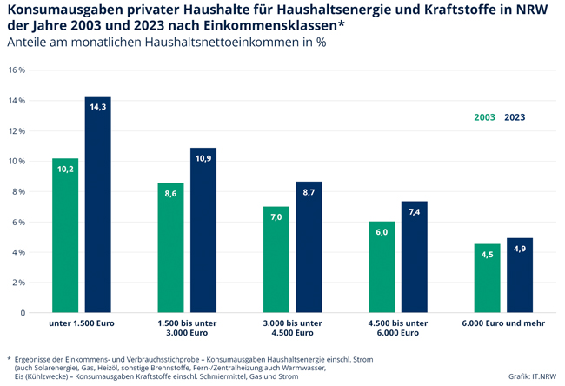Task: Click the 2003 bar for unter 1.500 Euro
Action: (65, 235)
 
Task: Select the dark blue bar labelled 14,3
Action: (97, 204)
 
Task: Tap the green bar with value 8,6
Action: (171, 248)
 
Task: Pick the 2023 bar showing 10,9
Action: (203, 230)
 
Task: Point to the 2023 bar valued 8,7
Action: (309, 247)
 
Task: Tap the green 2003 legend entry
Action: (485, 117)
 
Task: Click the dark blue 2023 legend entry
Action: (515, 117)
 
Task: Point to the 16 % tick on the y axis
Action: (17, 70)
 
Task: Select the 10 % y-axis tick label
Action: (17, 162)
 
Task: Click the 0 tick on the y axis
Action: (23, 313)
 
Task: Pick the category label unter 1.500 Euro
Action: (81, 323)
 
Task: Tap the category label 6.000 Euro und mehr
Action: (503, 323)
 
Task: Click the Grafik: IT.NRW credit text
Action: (532, 376)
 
